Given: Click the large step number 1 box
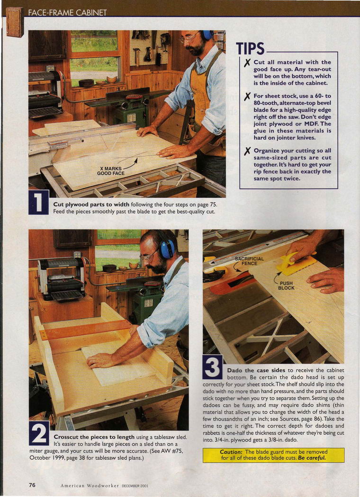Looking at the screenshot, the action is (x=39, y=202).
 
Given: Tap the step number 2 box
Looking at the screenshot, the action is (x=39, y=433).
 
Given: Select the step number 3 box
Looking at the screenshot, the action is (x=213, y=367).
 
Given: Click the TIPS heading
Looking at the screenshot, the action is (x=250, y=48).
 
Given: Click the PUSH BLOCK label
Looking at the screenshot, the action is (x=286, y=285).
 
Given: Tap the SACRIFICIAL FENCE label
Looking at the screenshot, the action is (x=249, y=261).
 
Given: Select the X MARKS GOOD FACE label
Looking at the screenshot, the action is (x=111, y=171).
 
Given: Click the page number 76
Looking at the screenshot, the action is (x=32, y=485).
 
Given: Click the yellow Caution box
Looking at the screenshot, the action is (x=273, y=455).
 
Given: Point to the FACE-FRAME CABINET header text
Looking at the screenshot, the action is (x=67, y=13).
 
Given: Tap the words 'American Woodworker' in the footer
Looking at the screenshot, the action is (x=90, y=486).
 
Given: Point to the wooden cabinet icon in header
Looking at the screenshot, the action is (x=15, y=22).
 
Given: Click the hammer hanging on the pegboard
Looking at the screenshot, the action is (x=136, y=55).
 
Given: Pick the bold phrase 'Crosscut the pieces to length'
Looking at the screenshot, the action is (x=94, y=437).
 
